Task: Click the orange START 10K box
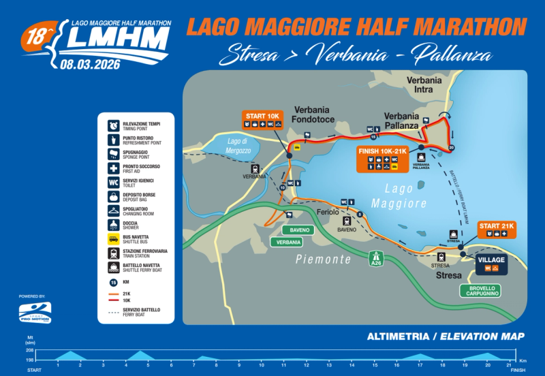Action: [x=263, y=119]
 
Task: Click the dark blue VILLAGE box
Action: [x=492, y=264]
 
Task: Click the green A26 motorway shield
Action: [x=375, y=259]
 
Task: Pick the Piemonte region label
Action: [x=324, y=260]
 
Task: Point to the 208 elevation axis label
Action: [x=29, y=349]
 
